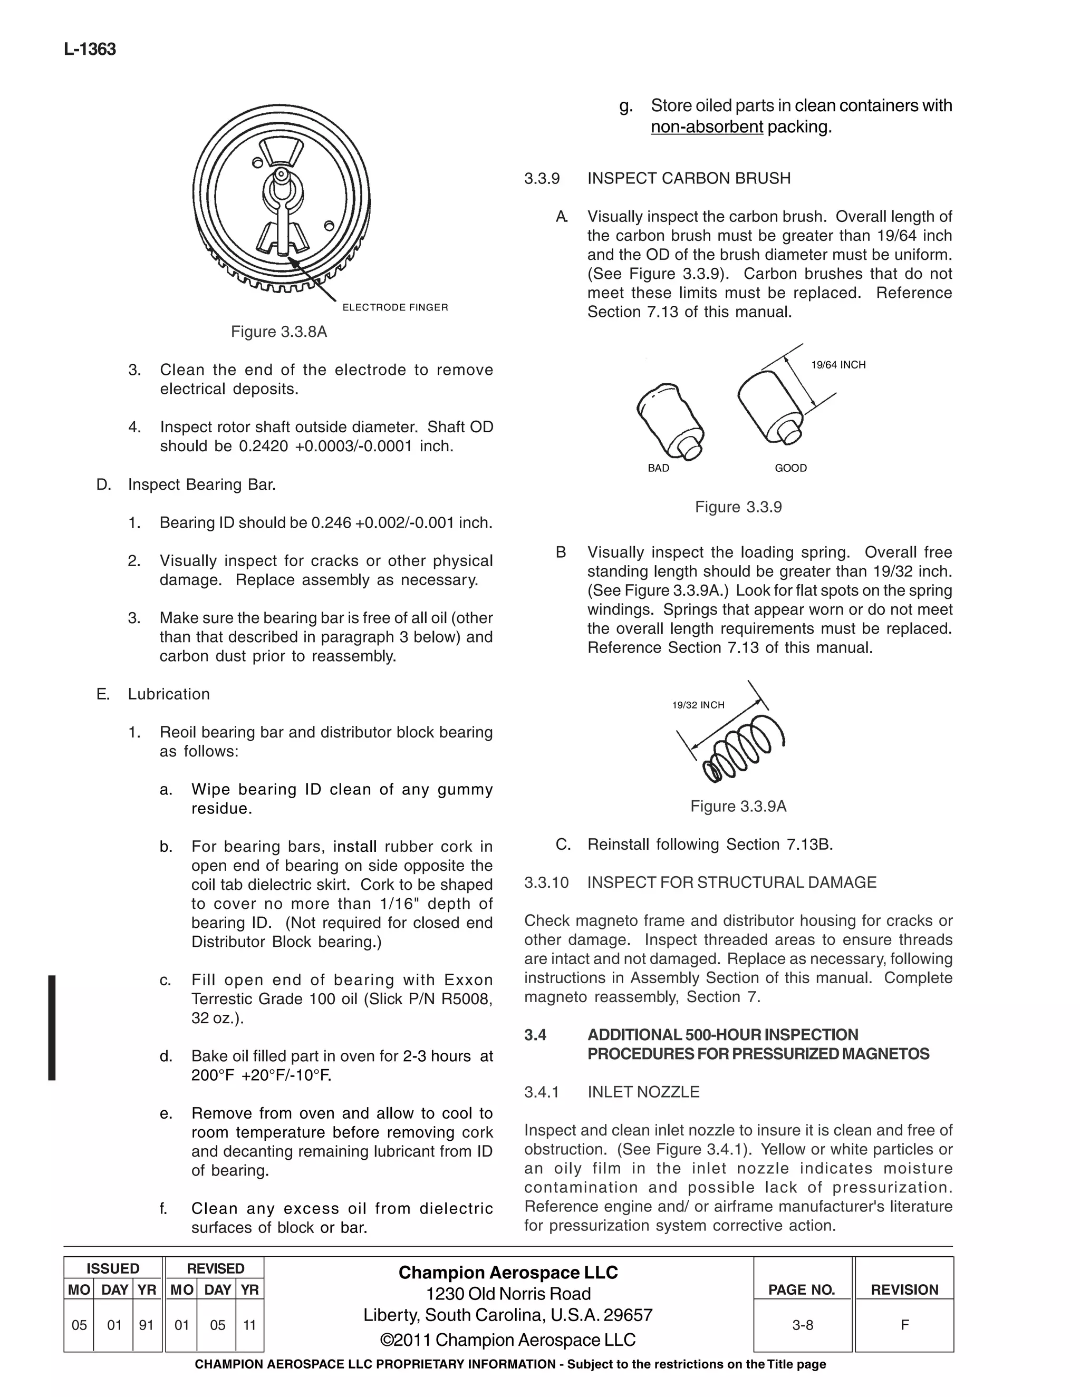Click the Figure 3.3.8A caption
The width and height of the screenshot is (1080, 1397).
pos(278,332)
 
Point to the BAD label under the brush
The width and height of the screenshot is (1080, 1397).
pos(658,468)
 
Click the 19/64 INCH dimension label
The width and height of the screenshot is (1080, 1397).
pos(837,365)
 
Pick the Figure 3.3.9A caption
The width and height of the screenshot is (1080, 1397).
pos(738,806)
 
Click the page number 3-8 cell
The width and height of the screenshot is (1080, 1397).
pos(802,1325)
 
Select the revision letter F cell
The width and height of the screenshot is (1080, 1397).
pos(904,1325)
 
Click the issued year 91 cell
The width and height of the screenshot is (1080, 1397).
pos(147,1325)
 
